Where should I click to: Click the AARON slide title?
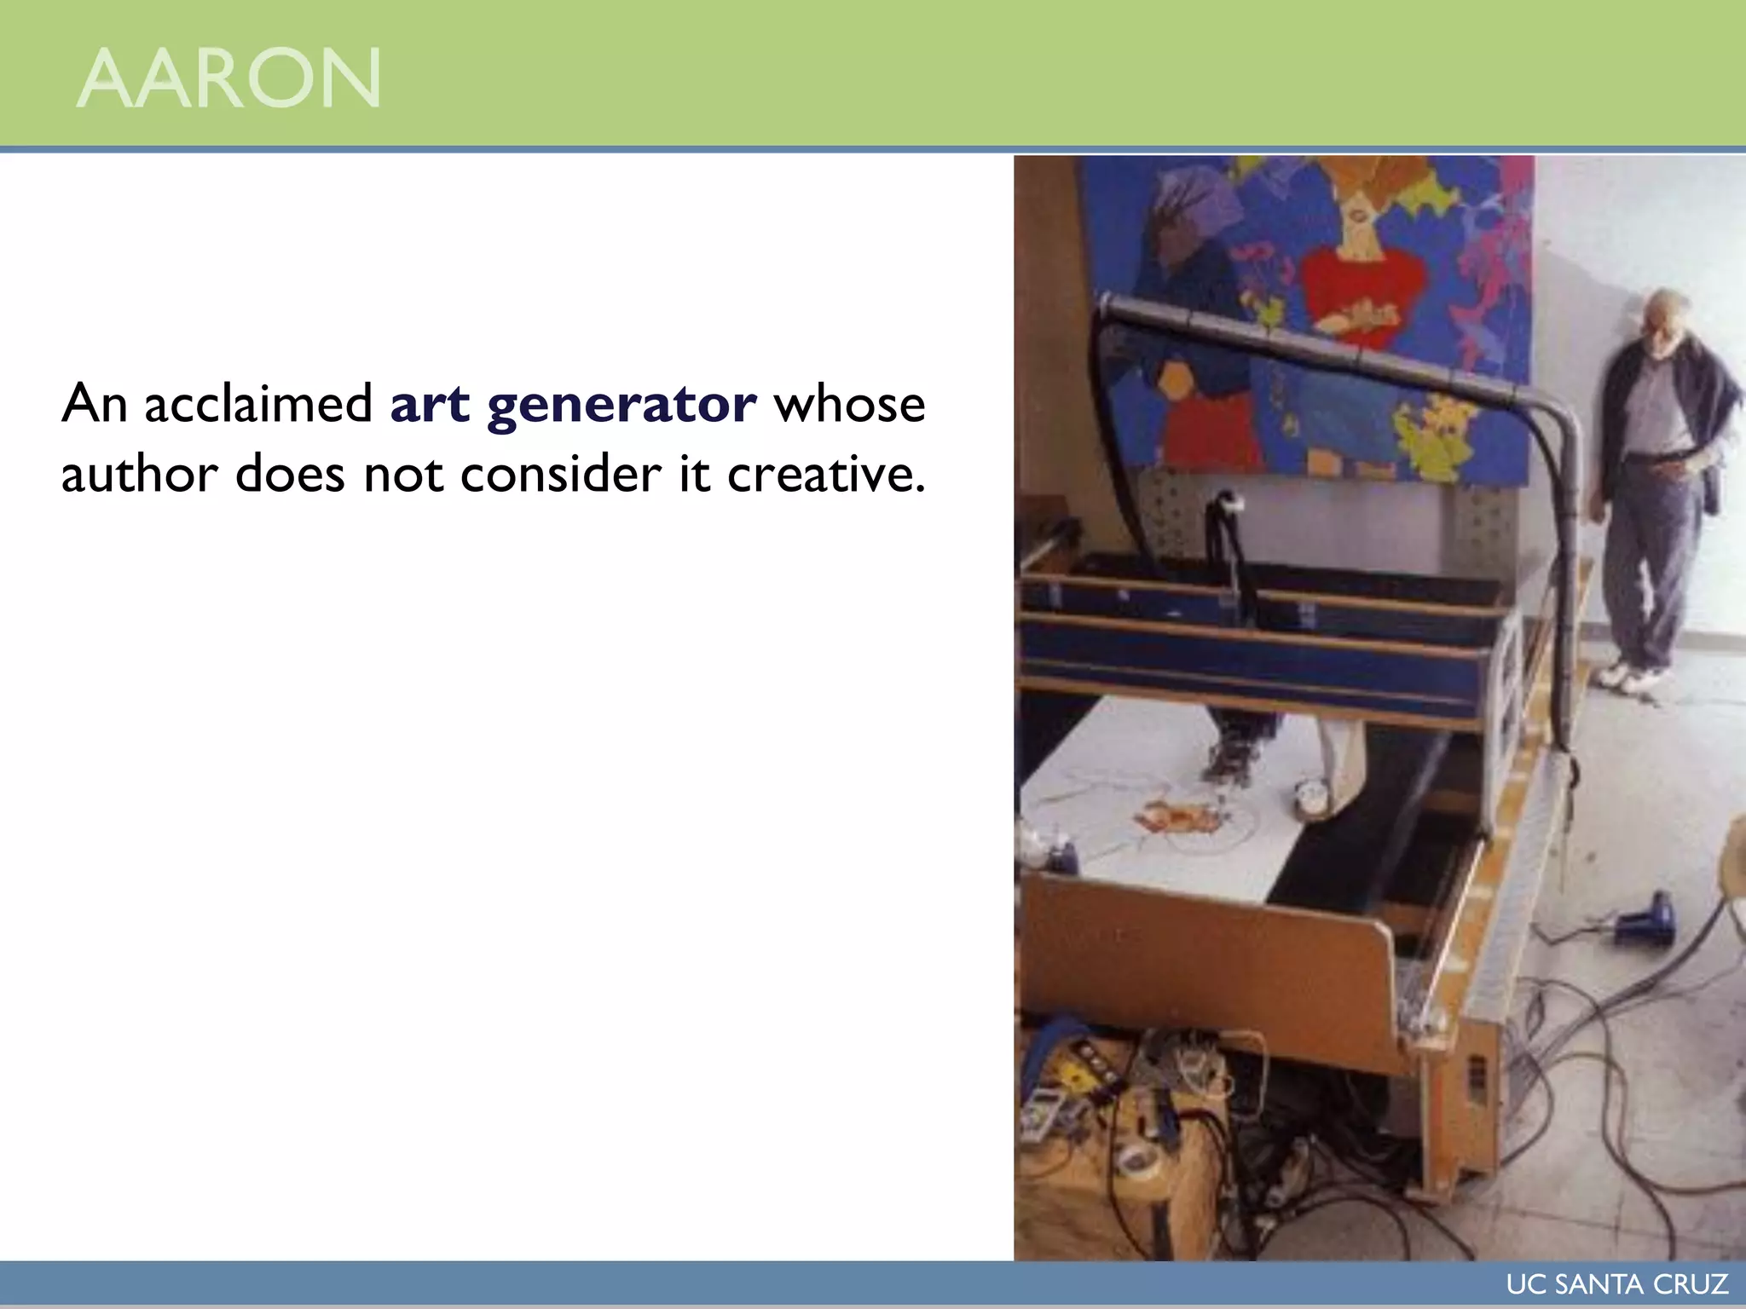(228, 78)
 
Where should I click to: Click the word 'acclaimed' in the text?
(259, 404)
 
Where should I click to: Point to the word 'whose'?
(849, 404)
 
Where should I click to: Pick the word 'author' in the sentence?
(139, 474)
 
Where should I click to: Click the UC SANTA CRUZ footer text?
(1617, 1284)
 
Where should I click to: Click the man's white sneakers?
(1632, 677)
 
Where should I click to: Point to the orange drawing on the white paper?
(1180, 818)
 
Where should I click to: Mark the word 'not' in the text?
(402, 474)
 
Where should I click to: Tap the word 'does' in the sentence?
(290, 474)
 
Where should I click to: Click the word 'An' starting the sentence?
(94, 404)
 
